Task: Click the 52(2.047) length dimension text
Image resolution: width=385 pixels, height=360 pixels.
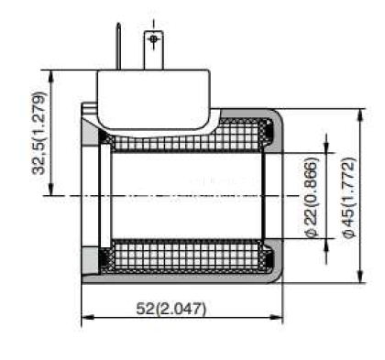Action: [x=171, y=309]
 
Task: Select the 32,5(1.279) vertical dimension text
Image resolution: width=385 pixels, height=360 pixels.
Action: [x=39, y=133]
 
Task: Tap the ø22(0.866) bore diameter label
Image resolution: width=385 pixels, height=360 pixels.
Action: [x=312, y=197]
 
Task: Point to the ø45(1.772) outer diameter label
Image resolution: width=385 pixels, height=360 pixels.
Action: [x=348, y=197]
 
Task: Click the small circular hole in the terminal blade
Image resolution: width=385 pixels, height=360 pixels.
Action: [x=154, y=38]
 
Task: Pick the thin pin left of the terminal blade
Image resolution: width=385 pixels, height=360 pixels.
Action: [x=118, y=46]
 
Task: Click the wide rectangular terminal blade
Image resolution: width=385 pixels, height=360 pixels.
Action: [x=154, y=50]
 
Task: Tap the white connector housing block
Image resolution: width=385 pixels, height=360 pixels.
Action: [x=154, y=99]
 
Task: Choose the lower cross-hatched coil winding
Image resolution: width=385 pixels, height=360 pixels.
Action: [x=186, y=254]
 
